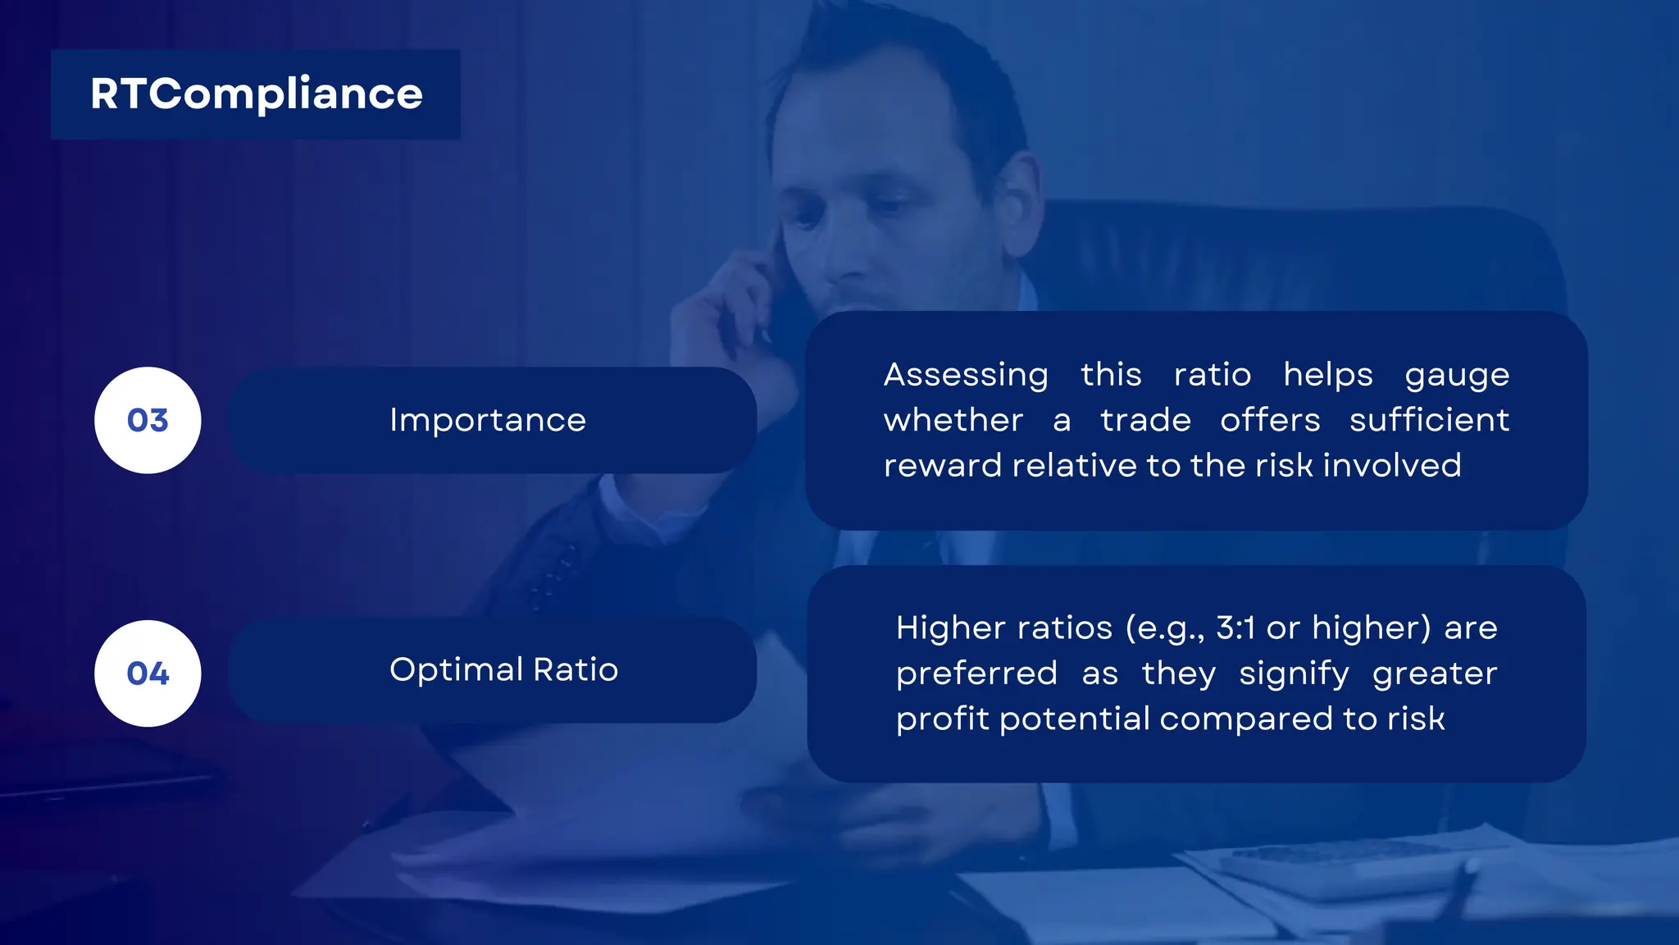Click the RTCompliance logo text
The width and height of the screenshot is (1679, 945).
point(256,94)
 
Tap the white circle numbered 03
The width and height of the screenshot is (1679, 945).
point(148,420)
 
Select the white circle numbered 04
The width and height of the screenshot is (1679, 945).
point(148,673)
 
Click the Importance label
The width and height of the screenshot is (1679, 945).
point(488,420)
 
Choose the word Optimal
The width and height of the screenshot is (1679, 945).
point(456,670)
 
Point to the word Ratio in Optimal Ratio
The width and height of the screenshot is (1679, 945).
point(576,670)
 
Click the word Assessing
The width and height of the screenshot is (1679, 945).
point(966,375)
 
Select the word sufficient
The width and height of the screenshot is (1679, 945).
point(1429,420)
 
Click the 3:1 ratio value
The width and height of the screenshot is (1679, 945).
point(1235,628)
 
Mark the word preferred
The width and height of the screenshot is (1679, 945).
point(976,674)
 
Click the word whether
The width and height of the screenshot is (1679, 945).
point(953,420)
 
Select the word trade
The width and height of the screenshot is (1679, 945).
point(1145,420)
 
